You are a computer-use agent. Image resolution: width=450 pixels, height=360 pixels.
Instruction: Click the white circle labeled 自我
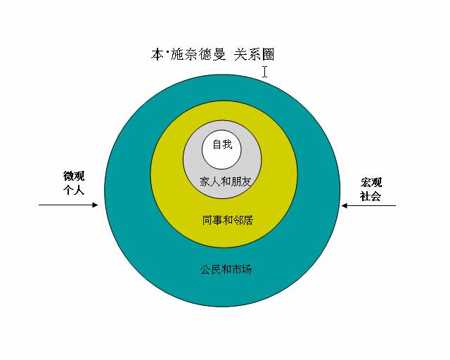[221, 150]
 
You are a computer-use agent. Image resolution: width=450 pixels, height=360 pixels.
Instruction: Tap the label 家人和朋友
[225, 181]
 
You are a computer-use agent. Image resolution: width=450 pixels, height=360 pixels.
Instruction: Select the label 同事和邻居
[228, 220]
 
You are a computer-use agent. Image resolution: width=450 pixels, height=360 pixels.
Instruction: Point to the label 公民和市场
[226, 269]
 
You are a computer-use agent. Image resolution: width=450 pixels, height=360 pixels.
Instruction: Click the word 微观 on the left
[74, 176]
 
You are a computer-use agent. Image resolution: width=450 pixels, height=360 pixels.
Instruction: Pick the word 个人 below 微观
[74, 190]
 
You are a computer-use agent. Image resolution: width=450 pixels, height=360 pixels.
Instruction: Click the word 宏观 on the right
[371, 182]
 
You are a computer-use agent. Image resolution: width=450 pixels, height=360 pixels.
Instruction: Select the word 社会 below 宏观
[371, 196]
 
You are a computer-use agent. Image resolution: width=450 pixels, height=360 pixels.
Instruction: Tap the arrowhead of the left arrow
[95, 205]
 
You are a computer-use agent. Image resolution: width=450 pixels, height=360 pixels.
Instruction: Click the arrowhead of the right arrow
[345, 205]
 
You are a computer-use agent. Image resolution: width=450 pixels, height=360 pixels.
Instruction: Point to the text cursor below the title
[264, 72]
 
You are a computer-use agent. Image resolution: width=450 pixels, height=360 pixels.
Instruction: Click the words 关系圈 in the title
[255, 54]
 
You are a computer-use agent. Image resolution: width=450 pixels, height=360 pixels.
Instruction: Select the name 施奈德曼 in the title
[198, 54]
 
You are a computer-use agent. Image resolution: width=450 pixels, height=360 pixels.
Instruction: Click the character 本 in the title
[157, 54]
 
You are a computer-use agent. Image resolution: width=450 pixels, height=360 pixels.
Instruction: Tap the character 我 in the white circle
[227, 144]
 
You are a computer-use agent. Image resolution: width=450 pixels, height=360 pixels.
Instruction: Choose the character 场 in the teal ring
[247, 269]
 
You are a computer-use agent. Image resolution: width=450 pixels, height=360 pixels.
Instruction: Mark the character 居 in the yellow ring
[248, 220]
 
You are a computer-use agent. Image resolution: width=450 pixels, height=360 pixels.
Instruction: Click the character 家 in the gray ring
[205, 181]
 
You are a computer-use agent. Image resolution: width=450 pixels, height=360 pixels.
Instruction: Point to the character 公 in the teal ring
[205, 269]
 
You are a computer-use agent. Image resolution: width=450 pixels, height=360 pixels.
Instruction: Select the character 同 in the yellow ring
[207, 220]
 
